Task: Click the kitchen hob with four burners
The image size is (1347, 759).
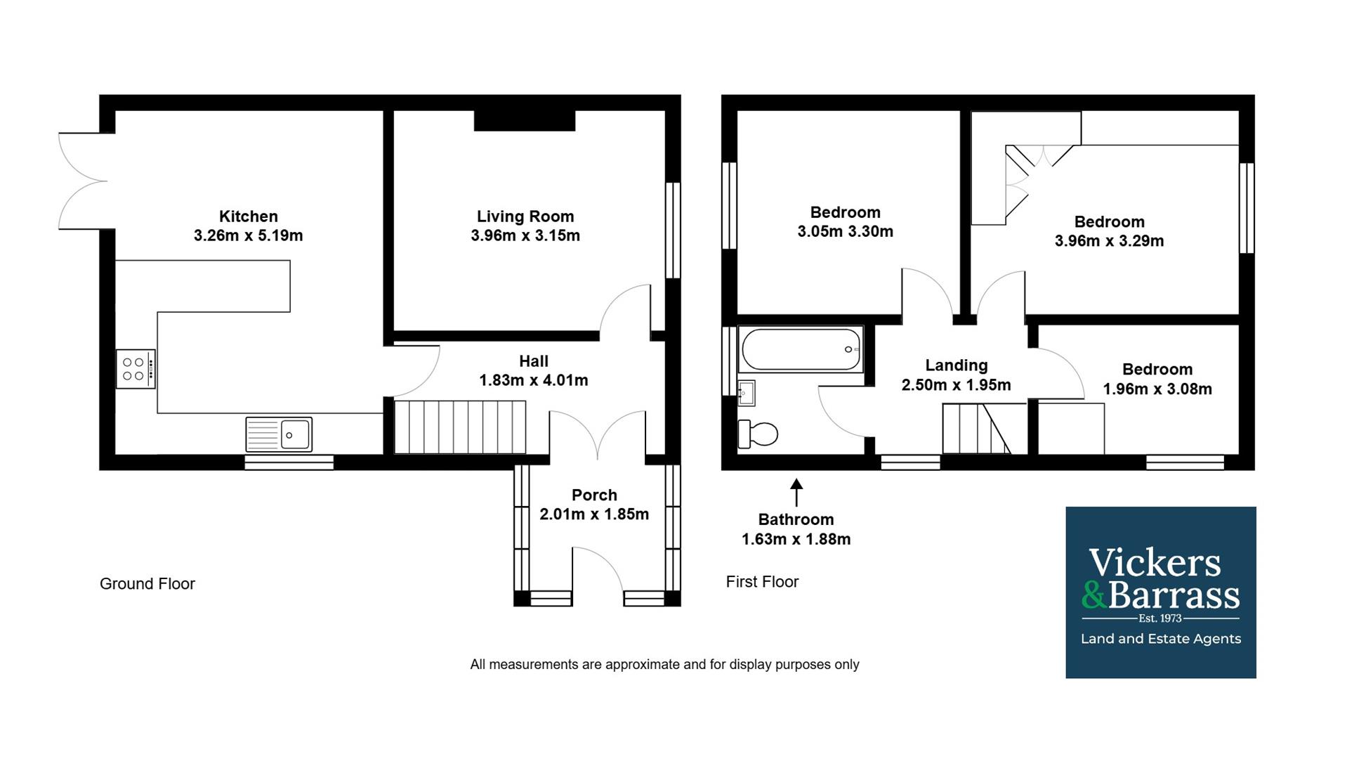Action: pos(136,369)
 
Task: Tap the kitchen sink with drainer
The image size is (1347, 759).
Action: pos(279,434)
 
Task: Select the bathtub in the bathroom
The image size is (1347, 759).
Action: pos(801,349)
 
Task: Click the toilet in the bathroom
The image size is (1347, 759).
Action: pos(758,434)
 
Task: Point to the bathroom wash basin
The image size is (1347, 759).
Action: pos(746,394)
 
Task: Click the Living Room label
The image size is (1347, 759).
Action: pos(525,216)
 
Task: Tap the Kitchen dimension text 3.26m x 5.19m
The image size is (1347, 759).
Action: pos(249,235)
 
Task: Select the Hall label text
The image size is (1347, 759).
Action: pos(534,361)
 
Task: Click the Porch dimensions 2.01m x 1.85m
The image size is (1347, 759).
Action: pos(594,514)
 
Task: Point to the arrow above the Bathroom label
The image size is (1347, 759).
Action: pos(796,493)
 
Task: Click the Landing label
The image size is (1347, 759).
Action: pos(957,365)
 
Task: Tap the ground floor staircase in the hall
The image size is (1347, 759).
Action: pos(460,427)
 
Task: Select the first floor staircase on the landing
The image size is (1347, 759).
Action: pos(976,429)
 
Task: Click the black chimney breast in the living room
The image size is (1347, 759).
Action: pos(525,120)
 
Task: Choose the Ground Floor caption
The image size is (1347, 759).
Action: pos(147,584)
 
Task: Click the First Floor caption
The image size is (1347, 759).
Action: pos(762,582)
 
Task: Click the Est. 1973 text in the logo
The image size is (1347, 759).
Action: pos(1160,618)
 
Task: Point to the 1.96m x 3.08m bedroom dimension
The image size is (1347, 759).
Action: pos(1157,389)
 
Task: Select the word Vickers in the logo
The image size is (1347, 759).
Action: pos(1155,563)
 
